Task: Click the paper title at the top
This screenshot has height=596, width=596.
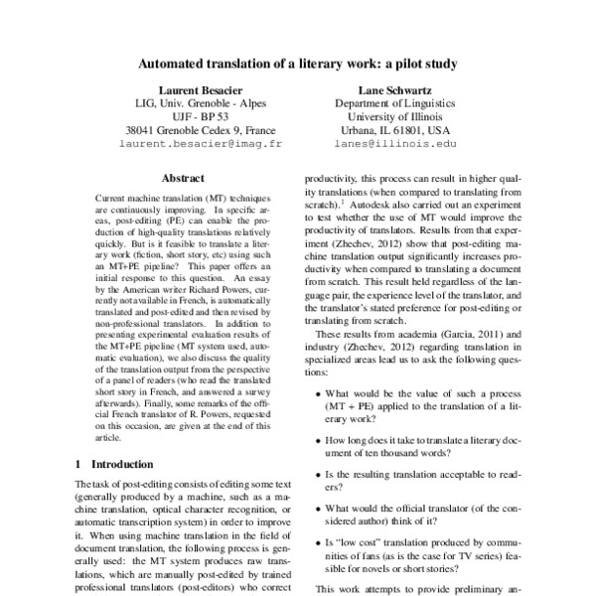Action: pos(297,65)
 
